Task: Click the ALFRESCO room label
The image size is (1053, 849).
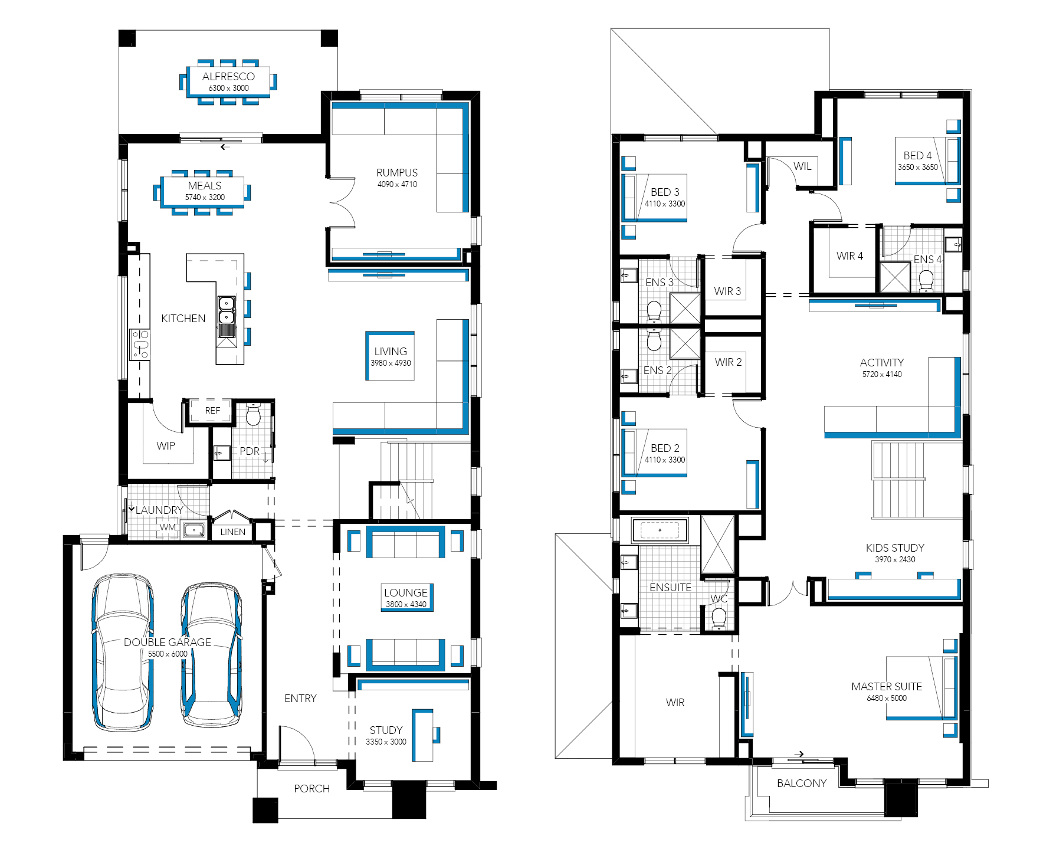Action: click(x=228, y=77)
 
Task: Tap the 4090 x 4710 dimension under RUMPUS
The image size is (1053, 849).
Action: click(x=397, y=184)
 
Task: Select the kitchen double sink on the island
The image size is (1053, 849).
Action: click(x=227, y=317)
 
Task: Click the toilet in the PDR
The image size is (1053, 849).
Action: click(x=253, y=414)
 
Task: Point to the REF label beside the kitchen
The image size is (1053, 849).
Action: click(x=212, y=411)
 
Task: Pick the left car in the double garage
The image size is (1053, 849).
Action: click(x=123, y=653)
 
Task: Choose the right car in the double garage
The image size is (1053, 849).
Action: click(x=211, y=655)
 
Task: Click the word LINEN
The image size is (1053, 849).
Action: click(x=232, y=532)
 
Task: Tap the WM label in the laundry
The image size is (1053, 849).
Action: click(x=168, y=527)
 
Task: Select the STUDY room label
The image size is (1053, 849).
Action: click(x=386, y=730)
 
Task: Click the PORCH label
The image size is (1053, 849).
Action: click(x=311, y=789)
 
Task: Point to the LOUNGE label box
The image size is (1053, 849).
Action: click(x=406, y=597)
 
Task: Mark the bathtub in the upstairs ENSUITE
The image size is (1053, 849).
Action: click(x=660, y=530)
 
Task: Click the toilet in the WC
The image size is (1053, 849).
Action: click(x=719, y=618)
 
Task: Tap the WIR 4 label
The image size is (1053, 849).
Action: click(x=849, y=256)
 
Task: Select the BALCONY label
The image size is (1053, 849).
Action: click(x=802, y=784)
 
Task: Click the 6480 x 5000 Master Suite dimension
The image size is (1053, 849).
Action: click(x=887, y=698)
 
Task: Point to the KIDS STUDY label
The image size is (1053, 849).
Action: click(x=895, y=548)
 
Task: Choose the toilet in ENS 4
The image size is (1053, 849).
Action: click(x=926, y=281)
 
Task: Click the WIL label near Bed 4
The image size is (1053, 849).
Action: click(x=802, y=166)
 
